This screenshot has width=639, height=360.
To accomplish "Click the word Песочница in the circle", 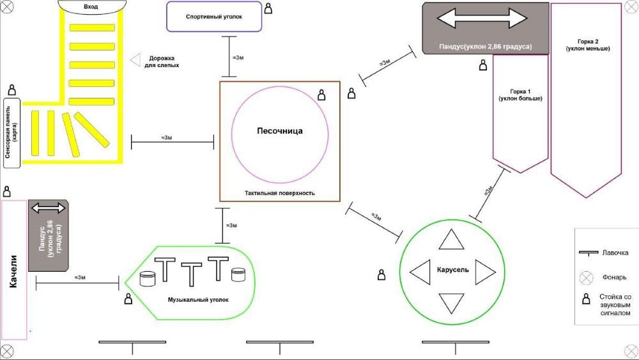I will click(279, 131).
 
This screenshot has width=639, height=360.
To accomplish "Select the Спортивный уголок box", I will click(214, 17).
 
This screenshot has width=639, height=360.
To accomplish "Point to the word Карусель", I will click(452, 269).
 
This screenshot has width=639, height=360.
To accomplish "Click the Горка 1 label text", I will click(521, 95).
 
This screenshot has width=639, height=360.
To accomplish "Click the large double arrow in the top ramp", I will click(477, 18).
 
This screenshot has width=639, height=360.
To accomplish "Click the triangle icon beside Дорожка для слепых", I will click(135, 59).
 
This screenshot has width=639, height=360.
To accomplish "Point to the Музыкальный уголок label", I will click(197, 299).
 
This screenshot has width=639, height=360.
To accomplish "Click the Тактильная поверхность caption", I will click(279, 192).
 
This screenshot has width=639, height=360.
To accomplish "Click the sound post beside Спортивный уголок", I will click(268, 9).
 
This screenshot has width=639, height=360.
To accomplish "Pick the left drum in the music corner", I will click(148, 279).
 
